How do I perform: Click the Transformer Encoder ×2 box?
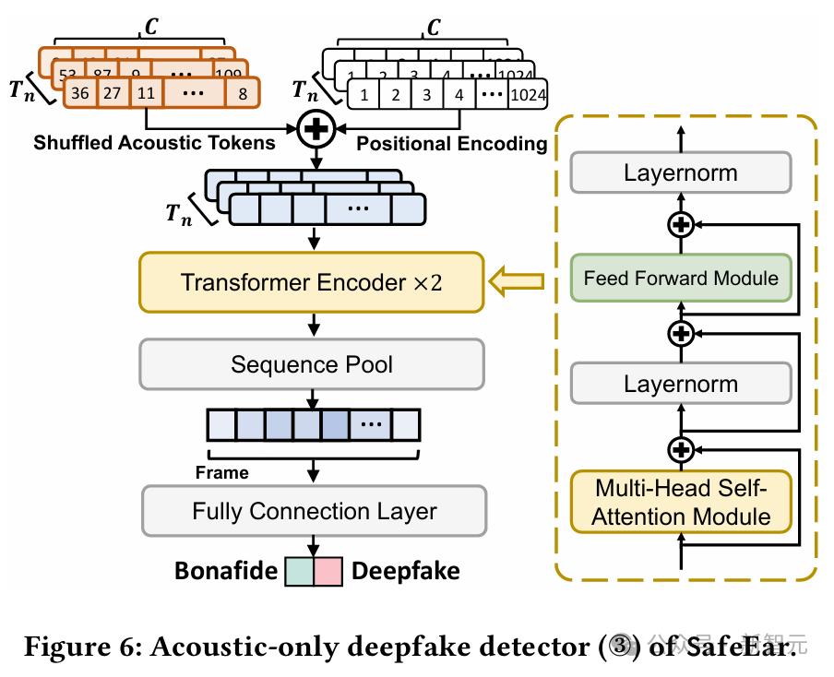pyautogui.click(x=311, y=281)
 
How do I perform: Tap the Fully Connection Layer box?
pyautogui.click(x=314, y=510)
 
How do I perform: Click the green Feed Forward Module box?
pyautogui.click(x=681, y=278)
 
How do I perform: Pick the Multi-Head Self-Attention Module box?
pyautogui.click(x=681, y=502)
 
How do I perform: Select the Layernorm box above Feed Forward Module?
pyautogui.click(x=681, y=172)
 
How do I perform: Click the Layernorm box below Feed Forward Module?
pyautogui.click(x=681, y=383)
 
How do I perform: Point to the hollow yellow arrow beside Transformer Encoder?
pyautogui.click(x=516, y=281)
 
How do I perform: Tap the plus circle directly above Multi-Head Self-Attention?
pyautogui.click(x=681, y=449)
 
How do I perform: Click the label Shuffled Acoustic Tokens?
pyautogui.click(x=154, y=143)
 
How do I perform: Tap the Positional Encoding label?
pyautogui.click(x=451, y=144)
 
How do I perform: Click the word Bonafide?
pyautogui.click(x=226, y=571)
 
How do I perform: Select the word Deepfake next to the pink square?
pyautogui.click(x=405, y=571)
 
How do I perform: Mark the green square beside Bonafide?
pyautogui.click(x=299, y=571)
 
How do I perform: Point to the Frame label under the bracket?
pyautogui.click(x=221, y=472)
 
